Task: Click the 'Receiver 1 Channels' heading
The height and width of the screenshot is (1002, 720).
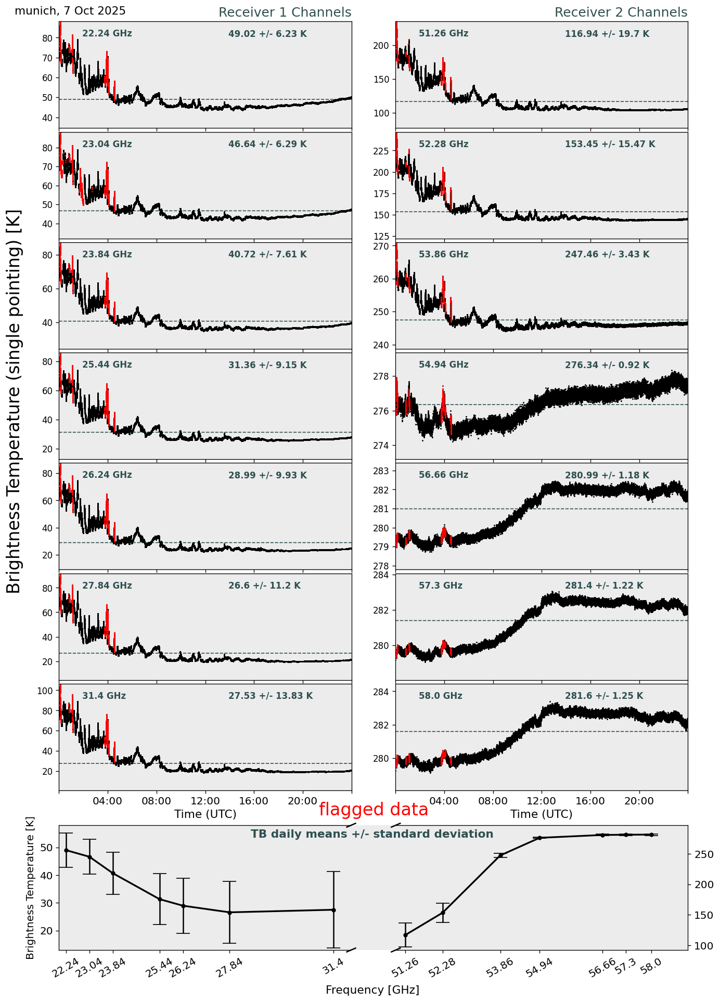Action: coord(285,12)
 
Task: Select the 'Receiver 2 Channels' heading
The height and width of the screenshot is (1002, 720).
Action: coord(621,12)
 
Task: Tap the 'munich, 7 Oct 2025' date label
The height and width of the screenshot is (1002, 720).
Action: coord(70,11)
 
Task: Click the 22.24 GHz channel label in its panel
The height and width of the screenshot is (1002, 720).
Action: coord(107,34)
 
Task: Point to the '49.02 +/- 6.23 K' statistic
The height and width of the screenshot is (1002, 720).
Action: coord(267,34)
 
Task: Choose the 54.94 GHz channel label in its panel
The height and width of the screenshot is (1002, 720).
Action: coord(443,365)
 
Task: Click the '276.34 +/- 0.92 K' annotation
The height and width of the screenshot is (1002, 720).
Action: coord(607,366)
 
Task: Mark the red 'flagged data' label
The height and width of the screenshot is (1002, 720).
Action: coord(373,810)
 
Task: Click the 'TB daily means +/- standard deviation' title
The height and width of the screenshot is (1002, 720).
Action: coord(372,835)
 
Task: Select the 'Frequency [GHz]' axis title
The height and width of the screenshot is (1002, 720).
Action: coord(372,990)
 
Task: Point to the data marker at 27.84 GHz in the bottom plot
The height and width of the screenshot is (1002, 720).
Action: coord(229,913)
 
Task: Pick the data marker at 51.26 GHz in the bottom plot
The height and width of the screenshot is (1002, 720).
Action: coord(405,935)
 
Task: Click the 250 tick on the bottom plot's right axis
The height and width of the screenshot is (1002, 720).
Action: coord(699,854)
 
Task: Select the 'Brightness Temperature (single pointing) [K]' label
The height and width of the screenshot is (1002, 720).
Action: coord(15,401)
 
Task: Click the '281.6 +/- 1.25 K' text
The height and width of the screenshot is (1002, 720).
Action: coord(604,696)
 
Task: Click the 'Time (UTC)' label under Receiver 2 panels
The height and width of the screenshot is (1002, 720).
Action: coord(541,814)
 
